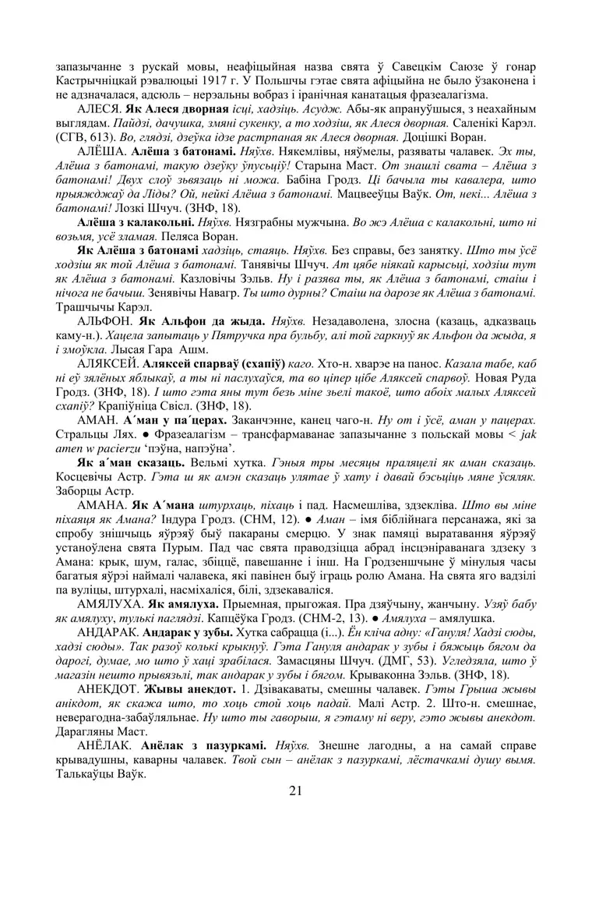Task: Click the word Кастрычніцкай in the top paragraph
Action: coord(99,80)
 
